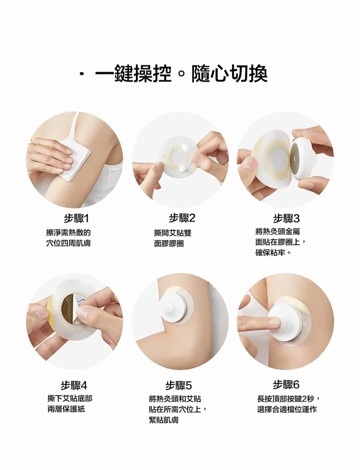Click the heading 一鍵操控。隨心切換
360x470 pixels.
coord(181,73)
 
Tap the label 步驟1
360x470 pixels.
coord(76,219)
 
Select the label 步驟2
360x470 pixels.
coord(182,218)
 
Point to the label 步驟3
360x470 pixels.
coord(286,219)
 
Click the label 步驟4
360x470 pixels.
coord(73,385)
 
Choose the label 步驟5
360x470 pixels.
coord(179,385)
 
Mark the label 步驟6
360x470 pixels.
coord(286,385)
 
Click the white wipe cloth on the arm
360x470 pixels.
coord(75,160)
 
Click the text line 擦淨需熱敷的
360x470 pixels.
coord(68,233)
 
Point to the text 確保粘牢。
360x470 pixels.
coord(273,253)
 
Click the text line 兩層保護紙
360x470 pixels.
coord(66,409)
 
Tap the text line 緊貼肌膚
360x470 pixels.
coord(164,420)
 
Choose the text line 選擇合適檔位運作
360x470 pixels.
coord(287,409)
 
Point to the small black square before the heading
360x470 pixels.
coord(82,74)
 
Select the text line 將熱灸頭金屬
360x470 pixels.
coord(278,231)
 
